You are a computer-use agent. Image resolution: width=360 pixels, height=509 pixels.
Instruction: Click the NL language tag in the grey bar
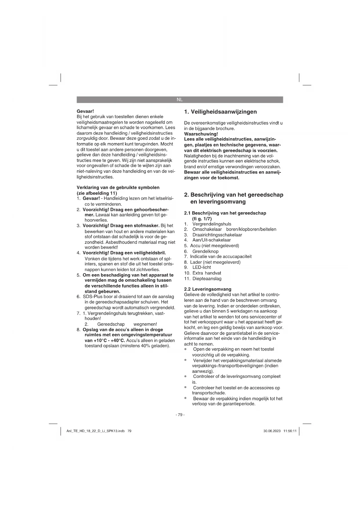click(180, 100)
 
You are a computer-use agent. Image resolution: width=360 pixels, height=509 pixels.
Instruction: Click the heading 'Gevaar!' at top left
click(85, 111)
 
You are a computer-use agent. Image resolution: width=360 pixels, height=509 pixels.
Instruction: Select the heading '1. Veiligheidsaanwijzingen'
click(220, 112)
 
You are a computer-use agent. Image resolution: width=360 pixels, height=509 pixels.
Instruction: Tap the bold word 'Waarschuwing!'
click(201, 134)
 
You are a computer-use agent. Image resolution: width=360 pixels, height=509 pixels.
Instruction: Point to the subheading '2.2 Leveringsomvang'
click(208, 289)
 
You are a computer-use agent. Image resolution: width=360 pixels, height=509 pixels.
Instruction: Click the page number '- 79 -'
click(180, 415)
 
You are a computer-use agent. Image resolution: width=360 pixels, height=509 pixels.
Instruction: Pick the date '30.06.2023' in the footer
click(272, 431)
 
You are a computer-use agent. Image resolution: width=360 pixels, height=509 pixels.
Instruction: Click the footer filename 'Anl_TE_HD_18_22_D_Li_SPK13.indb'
click(95, 431)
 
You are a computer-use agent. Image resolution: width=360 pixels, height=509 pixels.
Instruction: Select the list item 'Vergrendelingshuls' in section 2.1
click(212, 224)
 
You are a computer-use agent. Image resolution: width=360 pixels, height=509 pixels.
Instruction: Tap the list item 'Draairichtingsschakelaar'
click(217, 235)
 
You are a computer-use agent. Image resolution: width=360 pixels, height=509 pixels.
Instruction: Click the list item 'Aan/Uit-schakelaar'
click(211, 240)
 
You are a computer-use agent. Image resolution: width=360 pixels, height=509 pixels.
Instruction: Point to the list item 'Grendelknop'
click(205, 251)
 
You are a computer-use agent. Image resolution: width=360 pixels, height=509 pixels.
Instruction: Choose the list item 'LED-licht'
click(202, 267)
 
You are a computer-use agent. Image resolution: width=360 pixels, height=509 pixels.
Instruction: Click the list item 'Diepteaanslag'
click(207, 279)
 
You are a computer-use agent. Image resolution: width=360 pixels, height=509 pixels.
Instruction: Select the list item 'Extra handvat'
click(207, 273)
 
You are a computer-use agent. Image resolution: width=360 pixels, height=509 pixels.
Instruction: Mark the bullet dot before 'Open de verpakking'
click(186, 349)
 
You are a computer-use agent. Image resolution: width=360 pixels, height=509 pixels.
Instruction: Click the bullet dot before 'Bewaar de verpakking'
click(186, 398)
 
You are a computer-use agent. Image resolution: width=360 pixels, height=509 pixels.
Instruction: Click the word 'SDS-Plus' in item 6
click(92, 297)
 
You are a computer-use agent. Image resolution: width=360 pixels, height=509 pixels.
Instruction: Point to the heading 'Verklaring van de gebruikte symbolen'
click(118, 187)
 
